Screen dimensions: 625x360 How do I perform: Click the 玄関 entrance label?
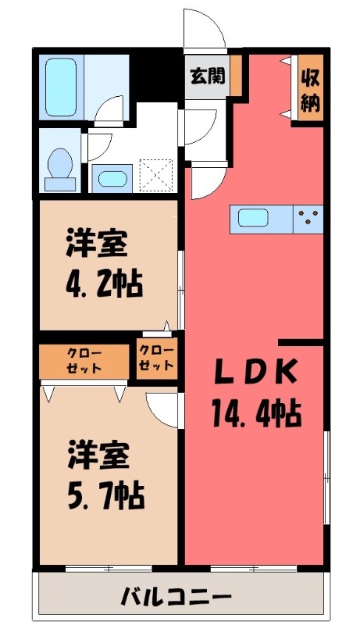pos(207,76)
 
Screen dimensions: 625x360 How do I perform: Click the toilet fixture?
pos(59,167)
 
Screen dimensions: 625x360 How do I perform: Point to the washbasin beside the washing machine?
pos(109,177)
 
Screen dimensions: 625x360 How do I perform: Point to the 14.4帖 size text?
pos(255,413)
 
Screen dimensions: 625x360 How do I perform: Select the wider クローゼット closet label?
pos(83,360)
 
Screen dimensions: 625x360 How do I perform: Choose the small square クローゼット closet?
pos(157,359)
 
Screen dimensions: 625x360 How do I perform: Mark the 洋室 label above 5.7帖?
pos(95,453)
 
